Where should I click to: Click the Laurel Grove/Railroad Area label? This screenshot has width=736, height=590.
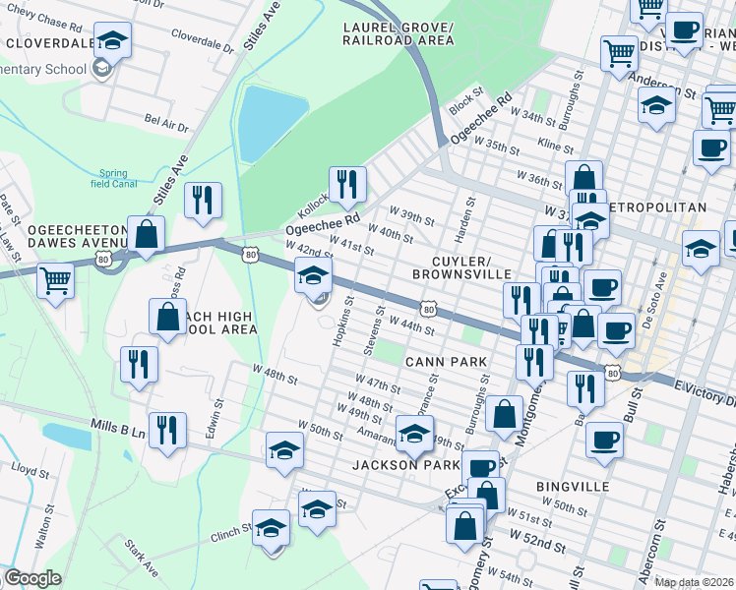pos(399,32)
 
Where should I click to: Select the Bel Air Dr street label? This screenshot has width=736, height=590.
pos(165,123)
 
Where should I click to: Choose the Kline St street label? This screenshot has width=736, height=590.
pos(555,146)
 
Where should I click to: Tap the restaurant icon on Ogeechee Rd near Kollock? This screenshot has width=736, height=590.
pos(346,183)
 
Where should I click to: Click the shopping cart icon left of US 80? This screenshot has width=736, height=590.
pos(55,280)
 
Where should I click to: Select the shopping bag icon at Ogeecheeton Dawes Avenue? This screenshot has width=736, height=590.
pos(146,235)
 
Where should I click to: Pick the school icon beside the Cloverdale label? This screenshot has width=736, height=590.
pos(112,39)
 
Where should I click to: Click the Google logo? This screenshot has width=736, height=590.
pos(32,578)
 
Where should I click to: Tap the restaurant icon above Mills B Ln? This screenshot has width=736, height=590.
pos(168,430)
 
